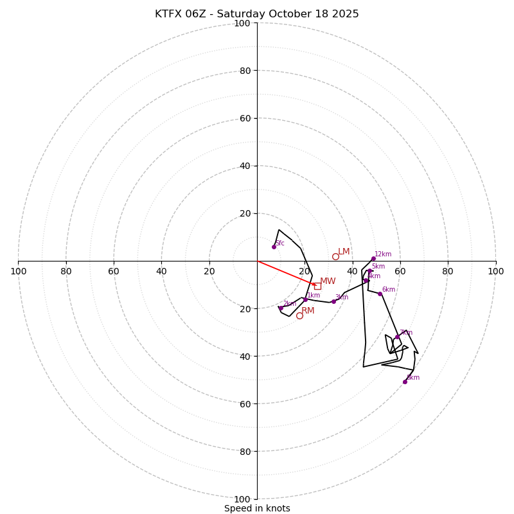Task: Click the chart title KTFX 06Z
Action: coord(256,14)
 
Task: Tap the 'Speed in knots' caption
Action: coord(257,508)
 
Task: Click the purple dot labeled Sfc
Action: coord(274,247)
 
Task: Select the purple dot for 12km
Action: coord(373,258)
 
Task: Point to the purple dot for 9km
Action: coord(405,382)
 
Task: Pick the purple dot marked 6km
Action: coord(380,294)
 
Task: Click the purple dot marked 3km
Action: coord(333,301)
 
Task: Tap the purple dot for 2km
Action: coord(281,308)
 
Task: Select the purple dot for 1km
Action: coord(305,299)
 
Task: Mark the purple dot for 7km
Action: coord(397,337)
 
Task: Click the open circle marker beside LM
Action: coord(335,256)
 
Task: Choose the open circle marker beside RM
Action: coord(299,315)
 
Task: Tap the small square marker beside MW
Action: coord(317,286)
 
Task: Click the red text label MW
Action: coord(328,281)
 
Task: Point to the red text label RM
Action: coord(308,311)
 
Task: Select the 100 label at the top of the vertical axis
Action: coord(242,24)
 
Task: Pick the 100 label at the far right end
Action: coord(495,271)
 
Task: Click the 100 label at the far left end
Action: coord(18,271)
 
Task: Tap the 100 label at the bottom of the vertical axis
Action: coord(242,499)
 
